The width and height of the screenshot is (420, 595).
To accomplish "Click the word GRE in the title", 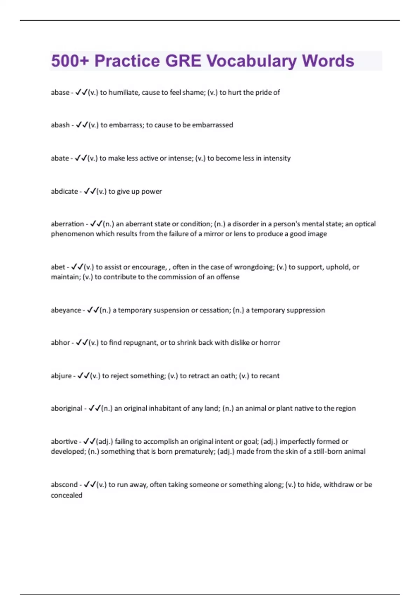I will pyautogui.click(x=183, y=61).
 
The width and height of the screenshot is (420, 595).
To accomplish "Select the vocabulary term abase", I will pyautogui.click(x=60, y=92).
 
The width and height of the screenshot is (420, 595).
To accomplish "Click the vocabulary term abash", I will pyautogui.click(x=60, y=125).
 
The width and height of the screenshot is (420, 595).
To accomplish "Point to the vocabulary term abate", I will pyautogui.click(x=60, y=158).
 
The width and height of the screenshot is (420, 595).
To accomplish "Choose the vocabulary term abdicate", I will pyautogui.click(x=64, y=191).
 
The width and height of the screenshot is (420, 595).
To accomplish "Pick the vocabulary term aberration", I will pyautogui.click(x=68, y=224).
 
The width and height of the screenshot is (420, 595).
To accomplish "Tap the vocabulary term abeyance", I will pyautogui.click(x=66, y=310).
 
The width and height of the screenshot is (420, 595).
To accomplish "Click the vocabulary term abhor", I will pyautogui.click(x=60, y=343).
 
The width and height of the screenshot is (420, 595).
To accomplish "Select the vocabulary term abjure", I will pyautogui.click(x=61, y=376).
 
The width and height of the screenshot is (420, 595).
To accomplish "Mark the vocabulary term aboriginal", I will pyautogui.click(x=66, y=408).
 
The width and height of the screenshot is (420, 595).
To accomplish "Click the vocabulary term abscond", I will pyautogui.click(x=64, y=485).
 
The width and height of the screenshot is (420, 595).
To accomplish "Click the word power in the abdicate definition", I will pyautogui.click(x=152, y=191).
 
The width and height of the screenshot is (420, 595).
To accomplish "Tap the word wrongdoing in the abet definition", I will pyautogui.click(x=254, y=267).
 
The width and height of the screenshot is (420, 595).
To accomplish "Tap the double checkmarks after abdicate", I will pyautogui.click(x=90, y=191).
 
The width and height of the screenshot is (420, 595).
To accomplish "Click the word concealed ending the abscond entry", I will pyautogui.click(x=66, y=495).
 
